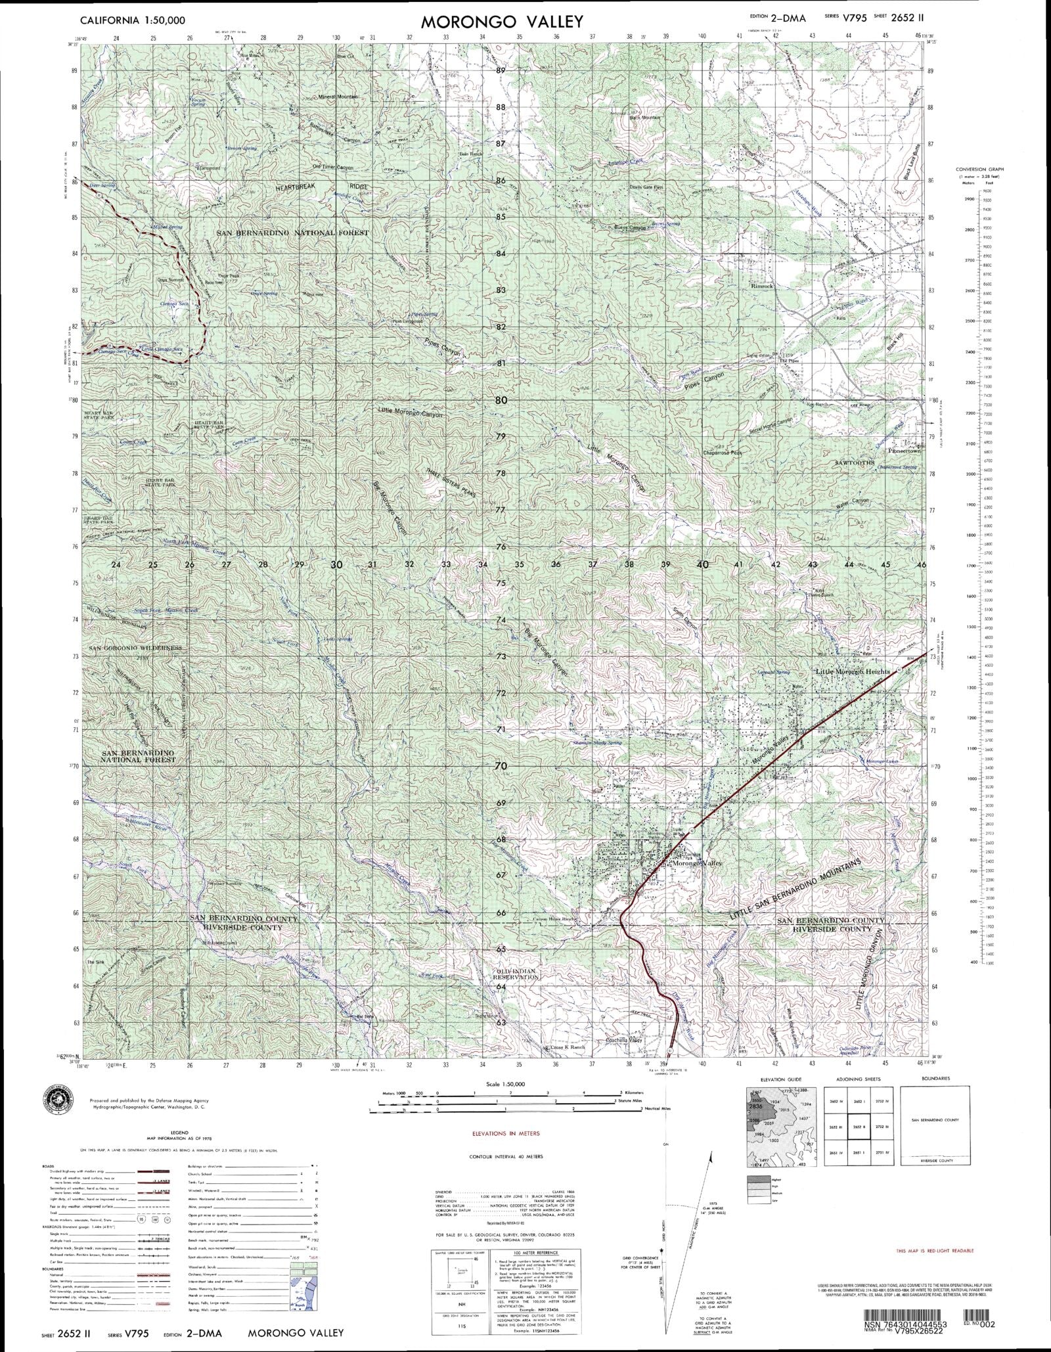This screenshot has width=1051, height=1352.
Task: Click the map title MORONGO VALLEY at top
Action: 501,22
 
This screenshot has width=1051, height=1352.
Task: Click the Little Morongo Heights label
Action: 852,672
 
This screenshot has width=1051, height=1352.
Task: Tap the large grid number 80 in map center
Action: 501,399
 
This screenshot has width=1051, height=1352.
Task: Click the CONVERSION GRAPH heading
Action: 980,169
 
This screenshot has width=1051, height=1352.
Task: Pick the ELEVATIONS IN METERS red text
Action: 506,1134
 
